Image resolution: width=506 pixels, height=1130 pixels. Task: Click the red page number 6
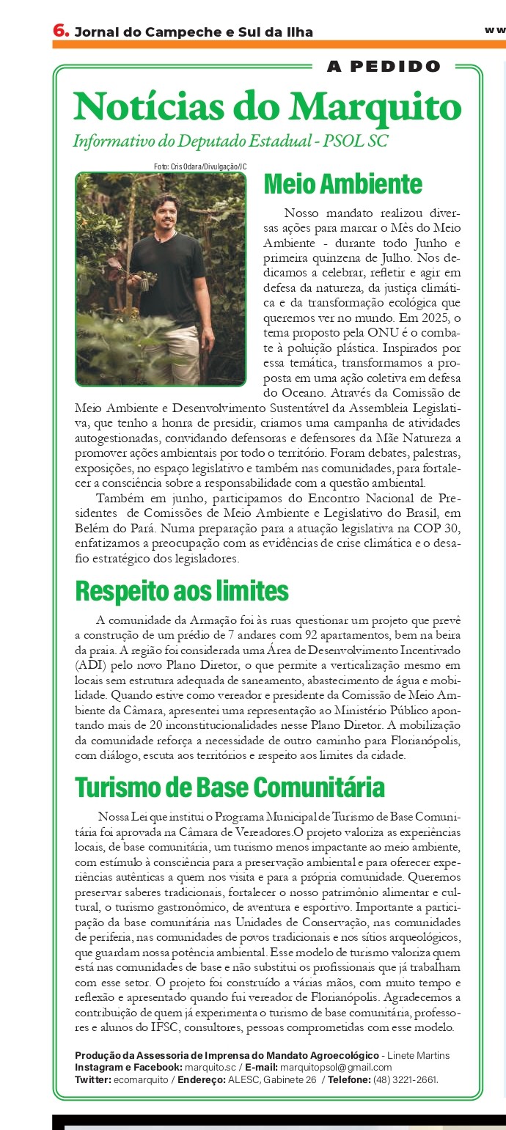click(60, 30)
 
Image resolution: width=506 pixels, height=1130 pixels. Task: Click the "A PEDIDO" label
click(384, 67)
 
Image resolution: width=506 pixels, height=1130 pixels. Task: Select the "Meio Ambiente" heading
click(342, 183)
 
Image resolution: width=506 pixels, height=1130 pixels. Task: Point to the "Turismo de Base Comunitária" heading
click(230, 788)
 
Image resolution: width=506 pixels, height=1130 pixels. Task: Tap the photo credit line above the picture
click(200, 167)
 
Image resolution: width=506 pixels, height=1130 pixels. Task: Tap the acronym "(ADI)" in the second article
click(91, 666)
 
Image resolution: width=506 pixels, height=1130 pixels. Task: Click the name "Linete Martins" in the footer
click(421, 1055)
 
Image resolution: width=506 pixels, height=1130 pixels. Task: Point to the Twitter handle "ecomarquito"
click(139, 1080)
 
